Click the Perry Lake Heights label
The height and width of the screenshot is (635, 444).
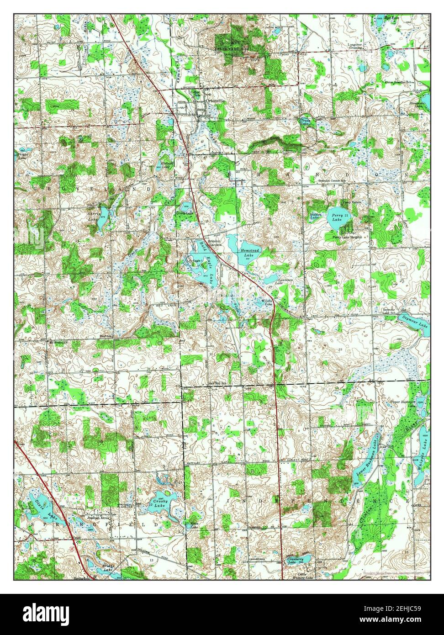click(x=347, y=238)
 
